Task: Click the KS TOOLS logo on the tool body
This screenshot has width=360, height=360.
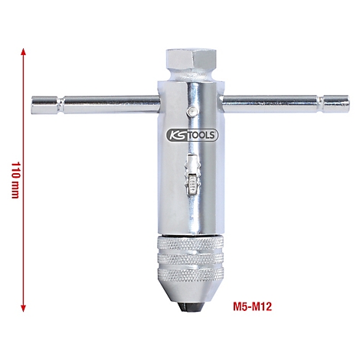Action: pos(191,135)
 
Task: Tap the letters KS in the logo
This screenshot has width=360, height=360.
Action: pos(176,135)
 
